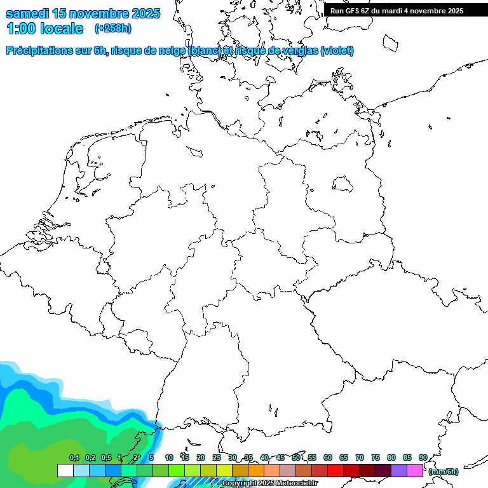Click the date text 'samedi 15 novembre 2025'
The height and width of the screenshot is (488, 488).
(x=83, y=13)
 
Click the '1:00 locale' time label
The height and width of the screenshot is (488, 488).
(x=45, y=29)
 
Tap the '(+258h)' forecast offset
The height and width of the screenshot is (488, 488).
(x=113, y=29)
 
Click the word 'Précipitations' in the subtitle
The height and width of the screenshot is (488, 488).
(x=38, y=51)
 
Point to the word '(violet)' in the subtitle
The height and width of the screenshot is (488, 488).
(x=337, y=51)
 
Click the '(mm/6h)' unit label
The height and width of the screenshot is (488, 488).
(x=444, y=471)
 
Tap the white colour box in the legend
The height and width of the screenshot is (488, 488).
(x=65, y=470)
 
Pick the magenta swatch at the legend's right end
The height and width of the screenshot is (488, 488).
(x=415, y=470)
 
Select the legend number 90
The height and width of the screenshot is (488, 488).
(x=423, y=457)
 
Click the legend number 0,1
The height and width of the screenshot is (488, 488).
(x=74, y=457)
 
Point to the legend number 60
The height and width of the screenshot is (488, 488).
(x=328, y=457)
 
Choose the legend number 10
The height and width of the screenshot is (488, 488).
(x=169, y=457)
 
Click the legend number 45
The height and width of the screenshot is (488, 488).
(x=280, y=457)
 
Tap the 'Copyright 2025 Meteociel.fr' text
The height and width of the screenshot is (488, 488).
(x=269, y=484)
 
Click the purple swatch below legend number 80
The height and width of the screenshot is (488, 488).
(x=399, y=470)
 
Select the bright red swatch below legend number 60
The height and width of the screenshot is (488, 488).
(x=335, y=470)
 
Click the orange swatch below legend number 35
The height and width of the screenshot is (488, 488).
(x=256, y=470)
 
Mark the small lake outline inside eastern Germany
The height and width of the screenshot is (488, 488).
(x=343, y=184)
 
